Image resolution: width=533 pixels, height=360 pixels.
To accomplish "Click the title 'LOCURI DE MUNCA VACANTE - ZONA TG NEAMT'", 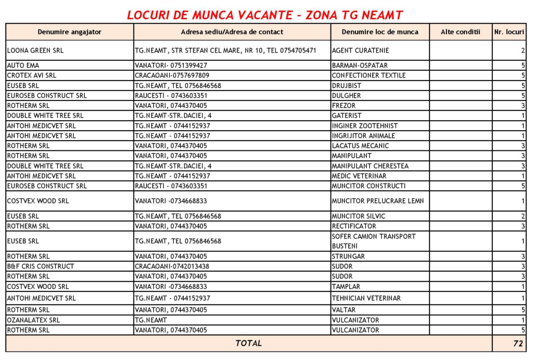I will (x=265, y=15).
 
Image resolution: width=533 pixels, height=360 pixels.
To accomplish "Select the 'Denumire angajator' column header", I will (x=69, y=32).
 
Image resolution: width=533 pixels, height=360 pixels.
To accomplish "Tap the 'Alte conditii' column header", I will (x=460, y=32).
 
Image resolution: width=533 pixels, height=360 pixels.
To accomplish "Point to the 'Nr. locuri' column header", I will (x=509, y=32).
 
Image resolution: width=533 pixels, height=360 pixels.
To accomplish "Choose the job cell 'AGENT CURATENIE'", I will (x=360, y=50).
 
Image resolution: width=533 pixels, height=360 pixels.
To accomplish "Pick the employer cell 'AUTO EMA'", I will (x=23, y=66).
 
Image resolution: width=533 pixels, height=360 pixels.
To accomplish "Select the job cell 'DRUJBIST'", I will (x=347, y=85).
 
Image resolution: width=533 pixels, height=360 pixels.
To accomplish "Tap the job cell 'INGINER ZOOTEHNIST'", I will (x=364, y=126).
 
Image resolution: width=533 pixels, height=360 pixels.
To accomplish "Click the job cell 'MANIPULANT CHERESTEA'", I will (x=370, y=166).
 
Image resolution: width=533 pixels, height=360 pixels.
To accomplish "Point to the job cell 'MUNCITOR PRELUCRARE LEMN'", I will (x=377, y=201).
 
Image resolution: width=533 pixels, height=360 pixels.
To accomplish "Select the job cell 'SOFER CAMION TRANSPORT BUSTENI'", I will (x=373, y=241).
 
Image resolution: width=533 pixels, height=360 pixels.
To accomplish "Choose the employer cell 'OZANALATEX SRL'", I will (x=33, y=320).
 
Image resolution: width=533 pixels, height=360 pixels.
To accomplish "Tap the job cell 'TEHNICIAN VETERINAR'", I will (x=366, y=298).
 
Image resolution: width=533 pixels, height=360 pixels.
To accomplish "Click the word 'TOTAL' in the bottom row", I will (x=248, y=343).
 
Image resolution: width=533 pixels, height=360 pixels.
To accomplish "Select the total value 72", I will (x=517, y=343).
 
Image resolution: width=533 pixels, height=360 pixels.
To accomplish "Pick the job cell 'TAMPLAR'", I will (x=346, y=287).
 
